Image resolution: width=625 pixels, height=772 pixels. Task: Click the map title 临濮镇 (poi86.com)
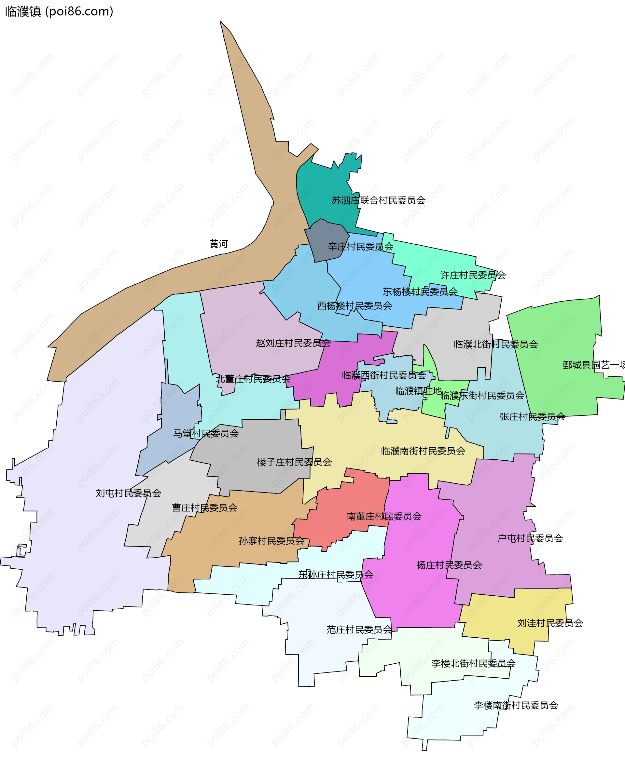pyautogui.click(x=59, y=11)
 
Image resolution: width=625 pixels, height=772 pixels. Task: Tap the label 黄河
pyautogui.click(x=218, y=244)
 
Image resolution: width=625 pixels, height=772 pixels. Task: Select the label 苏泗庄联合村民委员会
pyautogui.click(x=378, y=200)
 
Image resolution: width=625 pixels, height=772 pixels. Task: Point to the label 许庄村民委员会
pyautogui.click(x=473, y=275)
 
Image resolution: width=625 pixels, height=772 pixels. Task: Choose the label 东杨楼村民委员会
pyautogui.click(x=420, y=292)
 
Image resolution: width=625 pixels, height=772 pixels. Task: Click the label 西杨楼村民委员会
pyautogui.click(x=354, y=306)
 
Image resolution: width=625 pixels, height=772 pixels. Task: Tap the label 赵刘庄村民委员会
pyautogui.click(x=293, y=343)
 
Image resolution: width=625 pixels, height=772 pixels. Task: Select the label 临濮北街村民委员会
pyautogui.click(x=496, y=345)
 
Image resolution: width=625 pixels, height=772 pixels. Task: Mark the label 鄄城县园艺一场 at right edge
pyautogui.click(x=594, y=365)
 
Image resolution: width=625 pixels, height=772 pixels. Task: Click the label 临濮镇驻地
pyautogui.click(x=418, y=391)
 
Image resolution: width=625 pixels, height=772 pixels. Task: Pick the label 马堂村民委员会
pyautogui.click(x=206, y=433)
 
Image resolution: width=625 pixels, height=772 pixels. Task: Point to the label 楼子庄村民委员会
pyautogui.click(x=294, y=462)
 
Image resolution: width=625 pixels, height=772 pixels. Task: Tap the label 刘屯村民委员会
pyautogui.click(x=128, y=493)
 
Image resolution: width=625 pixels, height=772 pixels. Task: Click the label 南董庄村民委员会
pyautogui.click(x=384, y=517)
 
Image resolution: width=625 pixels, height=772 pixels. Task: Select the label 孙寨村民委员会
pyautogui.click(x=271, y=541)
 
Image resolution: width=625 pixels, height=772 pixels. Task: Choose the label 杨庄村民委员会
pyautogui.click(x=449, y=565)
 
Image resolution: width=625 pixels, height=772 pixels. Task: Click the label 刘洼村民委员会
pyautogui.click(x=550, y=623)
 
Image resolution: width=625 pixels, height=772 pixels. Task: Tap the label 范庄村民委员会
pyautogui.click(x=359, y=630)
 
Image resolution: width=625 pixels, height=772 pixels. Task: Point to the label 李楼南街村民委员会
pyautogui.click(x=516, y=705)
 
